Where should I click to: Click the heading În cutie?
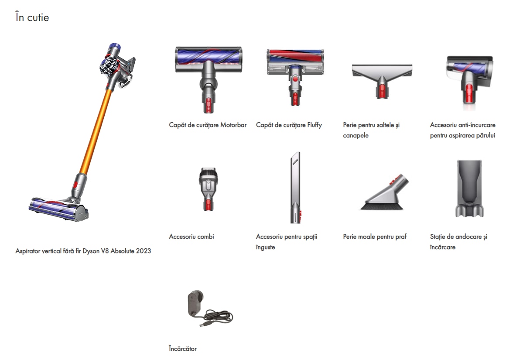click(x=32, y=17)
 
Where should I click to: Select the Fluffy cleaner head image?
click(x=295, y=77)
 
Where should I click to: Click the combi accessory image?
click(x=208, y=189)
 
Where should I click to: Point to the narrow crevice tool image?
click(x=295, y=188)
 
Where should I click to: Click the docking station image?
click(x=469, y=189)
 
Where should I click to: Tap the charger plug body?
click(x=195, y=303)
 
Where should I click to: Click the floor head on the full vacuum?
click(x=59, y=209)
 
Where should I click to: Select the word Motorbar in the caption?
click(x=233, y=125)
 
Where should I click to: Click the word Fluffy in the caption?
click(x=315, y=125)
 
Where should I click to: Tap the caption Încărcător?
click(x=182, y=349)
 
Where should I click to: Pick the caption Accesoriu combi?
click(x=192, y=237)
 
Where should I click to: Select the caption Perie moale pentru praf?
click(x=375, y=237)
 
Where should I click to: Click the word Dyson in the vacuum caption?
click(x=91, y=251)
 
